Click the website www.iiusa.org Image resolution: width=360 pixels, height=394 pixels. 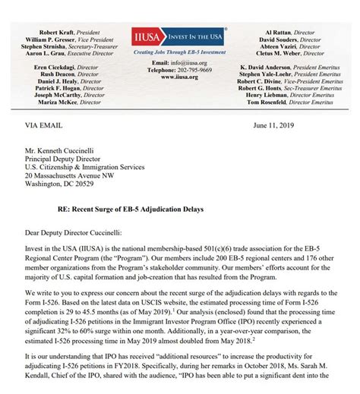179,76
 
